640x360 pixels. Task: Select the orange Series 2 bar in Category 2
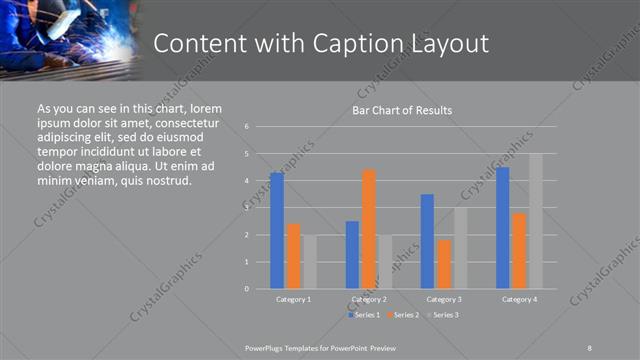[x=369, y=229]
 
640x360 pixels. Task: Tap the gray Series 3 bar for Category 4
[x=536, y=221]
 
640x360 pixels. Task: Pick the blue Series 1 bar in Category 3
[x=427, y=241]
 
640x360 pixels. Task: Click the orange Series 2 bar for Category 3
[x=444, y=264]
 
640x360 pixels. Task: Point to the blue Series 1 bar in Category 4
[x=503, y=228]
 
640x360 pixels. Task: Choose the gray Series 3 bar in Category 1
[x=310, y=262]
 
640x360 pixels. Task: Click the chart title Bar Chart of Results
[x=402, y=110]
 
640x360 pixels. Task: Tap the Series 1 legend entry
[x=363, y=315]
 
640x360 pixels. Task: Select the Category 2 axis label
[x=369, y=300]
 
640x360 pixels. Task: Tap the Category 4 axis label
[x=519, y=300]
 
